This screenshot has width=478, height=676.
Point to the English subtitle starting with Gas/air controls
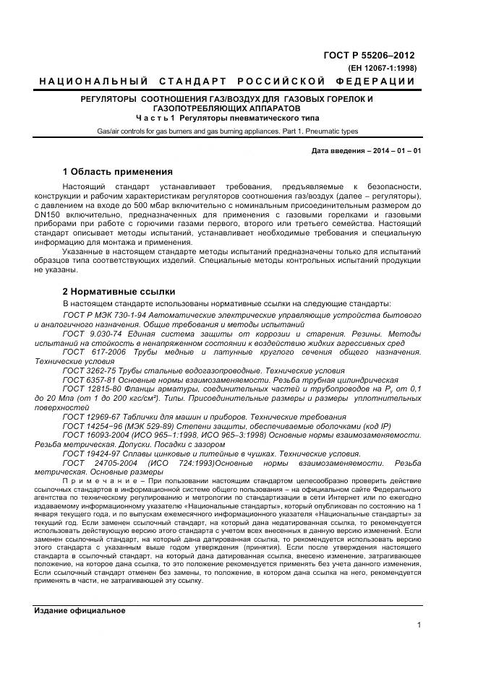click(227, 131)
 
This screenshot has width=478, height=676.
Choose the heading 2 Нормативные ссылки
click(119, 291)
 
